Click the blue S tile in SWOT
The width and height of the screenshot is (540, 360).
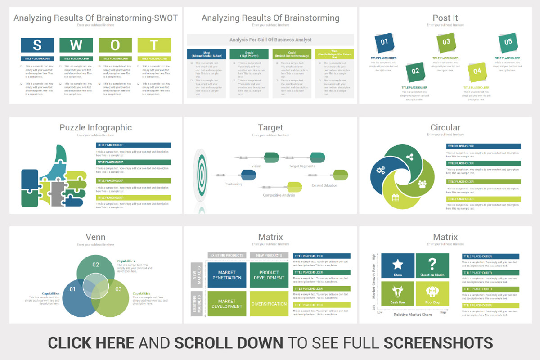[37, 45]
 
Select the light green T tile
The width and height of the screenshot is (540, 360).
[154, 45]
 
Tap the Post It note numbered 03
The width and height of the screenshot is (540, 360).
[446, 42]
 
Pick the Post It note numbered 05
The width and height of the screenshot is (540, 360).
[508, 42]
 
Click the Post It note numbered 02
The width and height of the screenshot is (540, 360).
[415, 71]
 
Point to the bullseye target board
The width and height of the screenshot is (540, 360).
[200, 175]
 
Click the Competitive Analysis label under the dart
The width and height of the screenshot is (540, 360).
[279, 195]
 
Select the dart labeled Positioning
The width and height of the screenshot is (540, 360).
[248, 175]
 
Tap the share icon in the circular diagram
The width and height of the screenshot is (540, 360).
[409, 157]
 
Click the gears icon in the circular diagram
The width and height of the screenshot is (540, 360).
[381, 171]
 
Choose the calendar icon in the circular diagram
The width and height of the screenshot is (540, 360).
[396, 198]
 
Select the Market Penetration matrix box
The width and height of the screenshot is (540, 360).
[227, 275]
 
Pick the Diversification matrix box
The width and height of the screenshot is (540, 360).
[269, 304]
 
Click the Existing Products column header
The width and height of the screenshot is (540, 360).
[227, 255]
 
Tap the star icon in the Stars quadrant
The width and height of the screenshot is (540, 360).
[398, 264]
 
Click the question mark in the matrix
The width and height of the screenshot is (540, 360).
[432, 263]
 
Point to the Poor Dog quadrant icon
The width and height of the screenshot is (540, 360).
[432, 292]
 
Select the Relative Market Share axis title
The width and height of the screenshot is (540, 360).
[413, 315]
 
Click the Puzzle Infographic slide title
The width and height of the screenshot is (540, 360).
[95, 127]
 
